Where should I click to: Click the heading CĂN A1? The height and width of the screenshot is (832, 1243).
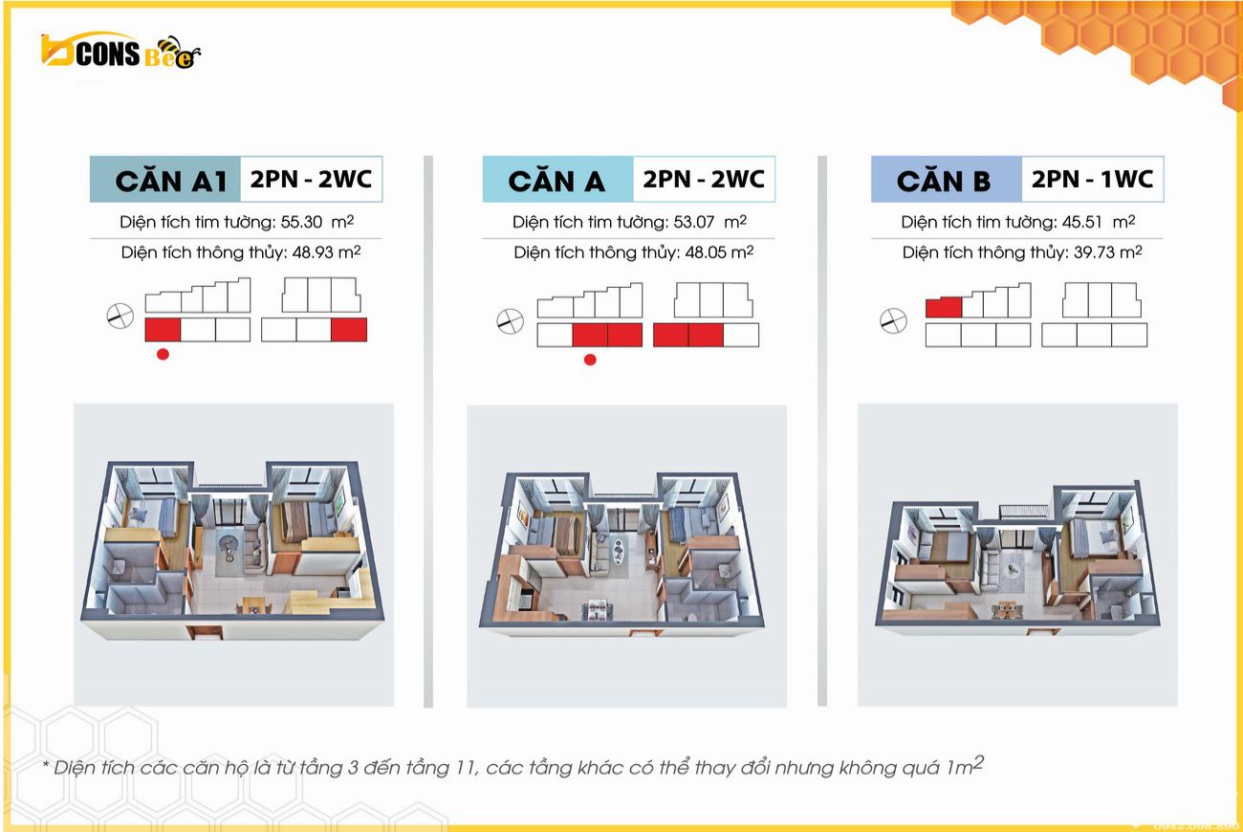170,181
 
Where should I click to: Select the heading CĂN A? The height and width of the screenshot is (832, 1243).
556,181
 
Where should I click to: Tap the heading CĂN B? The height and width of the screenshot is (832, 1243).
944,181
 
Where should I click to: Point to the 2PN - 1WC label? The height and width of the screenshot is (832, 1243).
1092,179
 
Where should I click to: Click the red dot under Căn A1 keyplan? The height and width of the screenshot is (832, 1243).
163,354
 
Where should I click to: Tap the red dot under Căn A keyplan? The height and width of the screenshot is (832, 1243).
590,361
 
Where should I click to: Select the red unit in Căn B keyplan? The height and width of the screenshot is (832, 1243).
943,308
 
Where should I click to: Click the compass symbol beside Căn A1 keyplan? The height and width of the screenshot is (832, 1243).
120,316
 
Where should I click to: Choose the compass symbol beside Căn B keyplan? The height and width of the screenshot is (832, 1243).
893,321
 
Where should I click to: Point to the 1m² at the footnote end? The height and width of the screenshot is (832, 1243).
966,766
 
